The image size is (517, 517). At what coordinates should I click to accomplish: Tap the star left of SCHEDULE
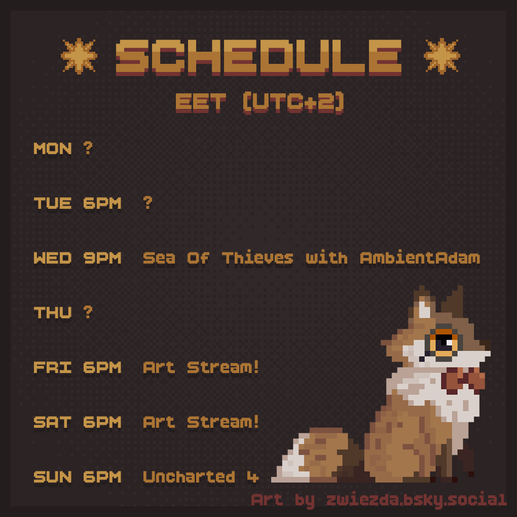79,56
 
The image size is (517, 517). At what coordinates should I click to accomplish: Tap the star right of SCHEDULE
442,56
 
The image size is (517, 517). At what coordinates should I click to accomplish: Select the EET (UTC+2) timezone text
260,102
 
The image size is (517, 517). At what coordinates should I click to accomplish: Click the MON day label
53,149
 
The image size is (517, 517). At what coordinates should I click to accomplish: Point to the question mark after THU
88,312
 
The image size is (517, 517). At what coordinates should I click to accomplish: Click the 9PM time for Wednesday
102,258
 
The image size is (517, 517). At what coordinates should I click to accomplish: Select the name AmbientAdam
420,258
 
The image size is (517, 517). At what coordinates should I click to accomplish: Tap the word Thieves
257,258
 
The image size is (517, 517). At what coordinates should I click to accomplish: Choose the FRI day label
53,367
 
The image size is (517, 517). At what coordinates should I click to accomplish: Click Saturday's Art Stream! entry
201,422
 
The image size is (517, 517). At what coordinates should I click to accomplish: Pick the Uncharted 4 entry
201,477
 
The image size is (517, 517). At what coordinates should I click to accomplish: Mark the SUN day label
53,477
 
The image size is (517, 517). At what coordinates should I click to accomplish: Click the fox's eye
444,343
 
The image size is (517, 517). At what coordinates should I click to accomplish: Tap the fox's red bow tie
463,379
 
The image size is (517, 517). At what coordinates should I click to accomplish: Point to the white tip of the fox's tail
290,462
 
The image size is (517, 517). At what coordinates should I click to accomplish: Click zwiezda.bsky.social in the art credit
417,500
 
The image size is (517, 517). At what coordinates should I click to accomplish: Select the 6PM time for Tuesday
102,203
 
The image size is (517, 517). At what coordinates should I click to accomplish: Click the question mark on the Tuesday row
148,203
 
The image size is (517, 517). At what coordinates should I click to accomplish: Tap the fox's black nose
422,359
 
